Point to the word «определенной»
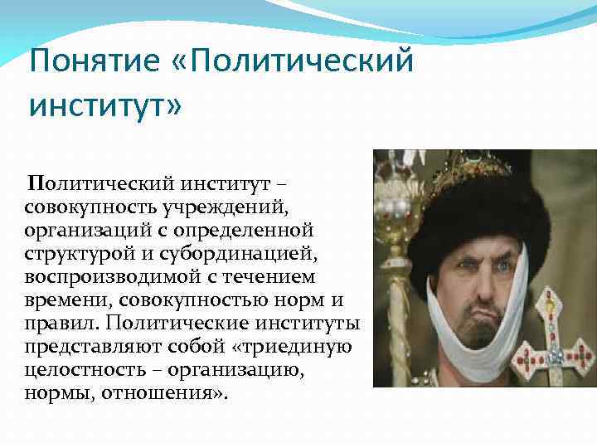(253, 226)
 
